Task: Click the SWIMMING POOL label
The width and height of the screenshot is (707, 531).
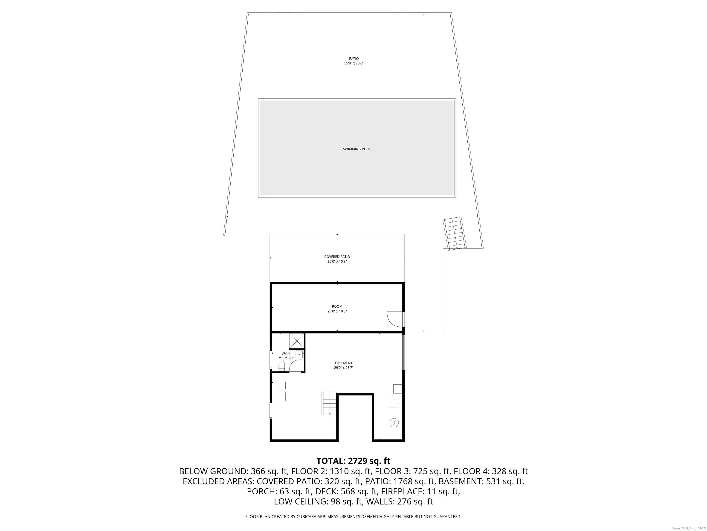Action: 357,149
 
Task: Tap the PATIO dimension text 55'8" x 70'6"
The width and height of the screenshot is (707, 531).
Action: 353,63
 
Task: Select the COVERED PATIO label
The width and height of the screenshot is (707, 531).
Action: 337,257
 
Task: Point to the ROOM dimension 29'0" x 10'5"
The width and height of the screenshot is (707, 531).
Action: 337,311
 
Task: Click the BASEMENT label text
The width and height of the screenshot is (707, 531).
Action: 344,363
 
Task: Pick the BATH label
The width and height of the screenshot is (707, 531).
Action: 286,353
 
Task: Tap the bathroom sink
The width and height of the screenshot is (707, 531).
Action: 299,354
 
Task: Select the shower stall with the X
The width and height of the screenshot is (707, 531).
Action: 297,341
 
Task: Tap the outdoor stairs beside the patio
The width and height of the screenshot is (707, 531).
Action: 454,233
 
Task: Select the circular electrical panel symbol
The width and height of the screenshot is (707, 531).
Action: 394,423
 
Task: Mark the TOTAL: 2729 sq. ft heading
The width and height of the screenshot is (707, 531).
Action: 353,461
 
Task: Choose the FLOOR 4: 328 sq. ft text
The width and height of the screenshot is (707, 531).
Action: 491,471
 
